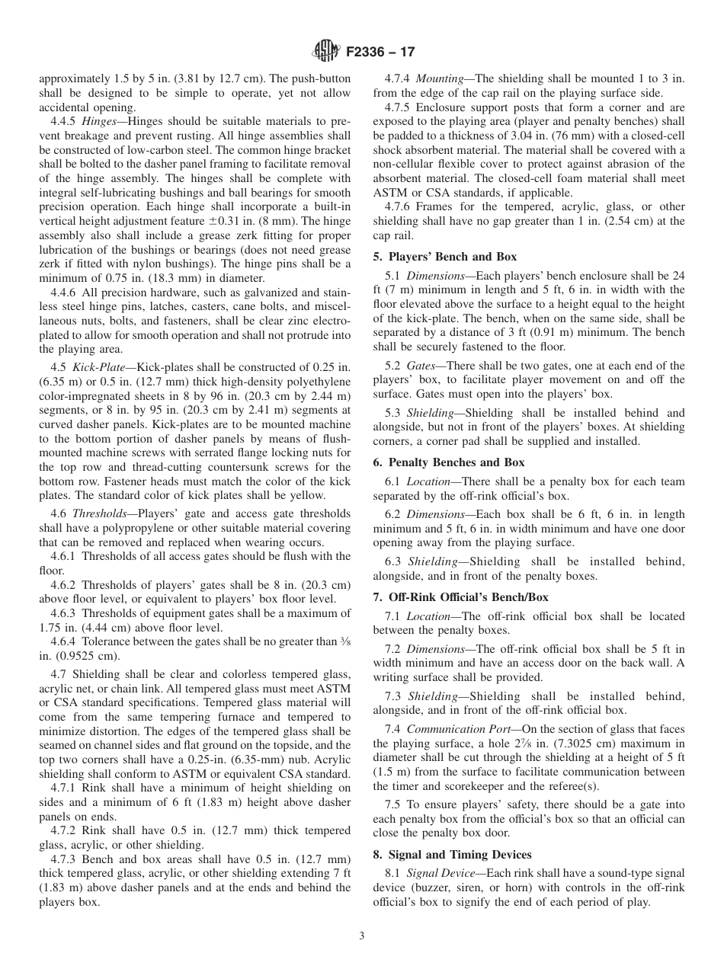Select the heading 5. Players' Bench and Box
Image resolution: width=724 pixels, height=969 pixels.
tap(445, 257)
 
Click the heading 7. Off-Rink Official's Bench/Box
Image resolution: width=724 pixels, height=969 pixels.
tap(460, 597)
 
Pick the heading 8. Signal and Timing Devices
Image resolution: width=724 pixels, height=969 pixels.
tap(453, 854)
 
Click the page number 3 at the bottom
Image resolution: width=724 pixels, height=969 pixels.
tap(361, 936)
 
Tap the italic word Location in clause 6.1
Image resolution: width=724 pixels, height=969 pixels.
tap(428, 481)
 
